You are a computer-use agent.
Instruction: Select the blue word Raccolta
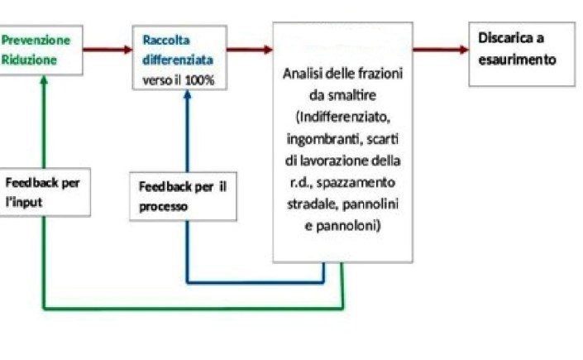tap(165, 39)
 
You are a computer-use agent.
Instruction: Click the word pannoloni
tap(343, 223)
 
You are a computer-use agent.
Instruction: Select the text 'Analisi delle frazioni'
tap(342, 73)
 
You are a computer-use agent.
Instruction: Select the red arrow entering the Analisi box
tap(250, 49)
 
